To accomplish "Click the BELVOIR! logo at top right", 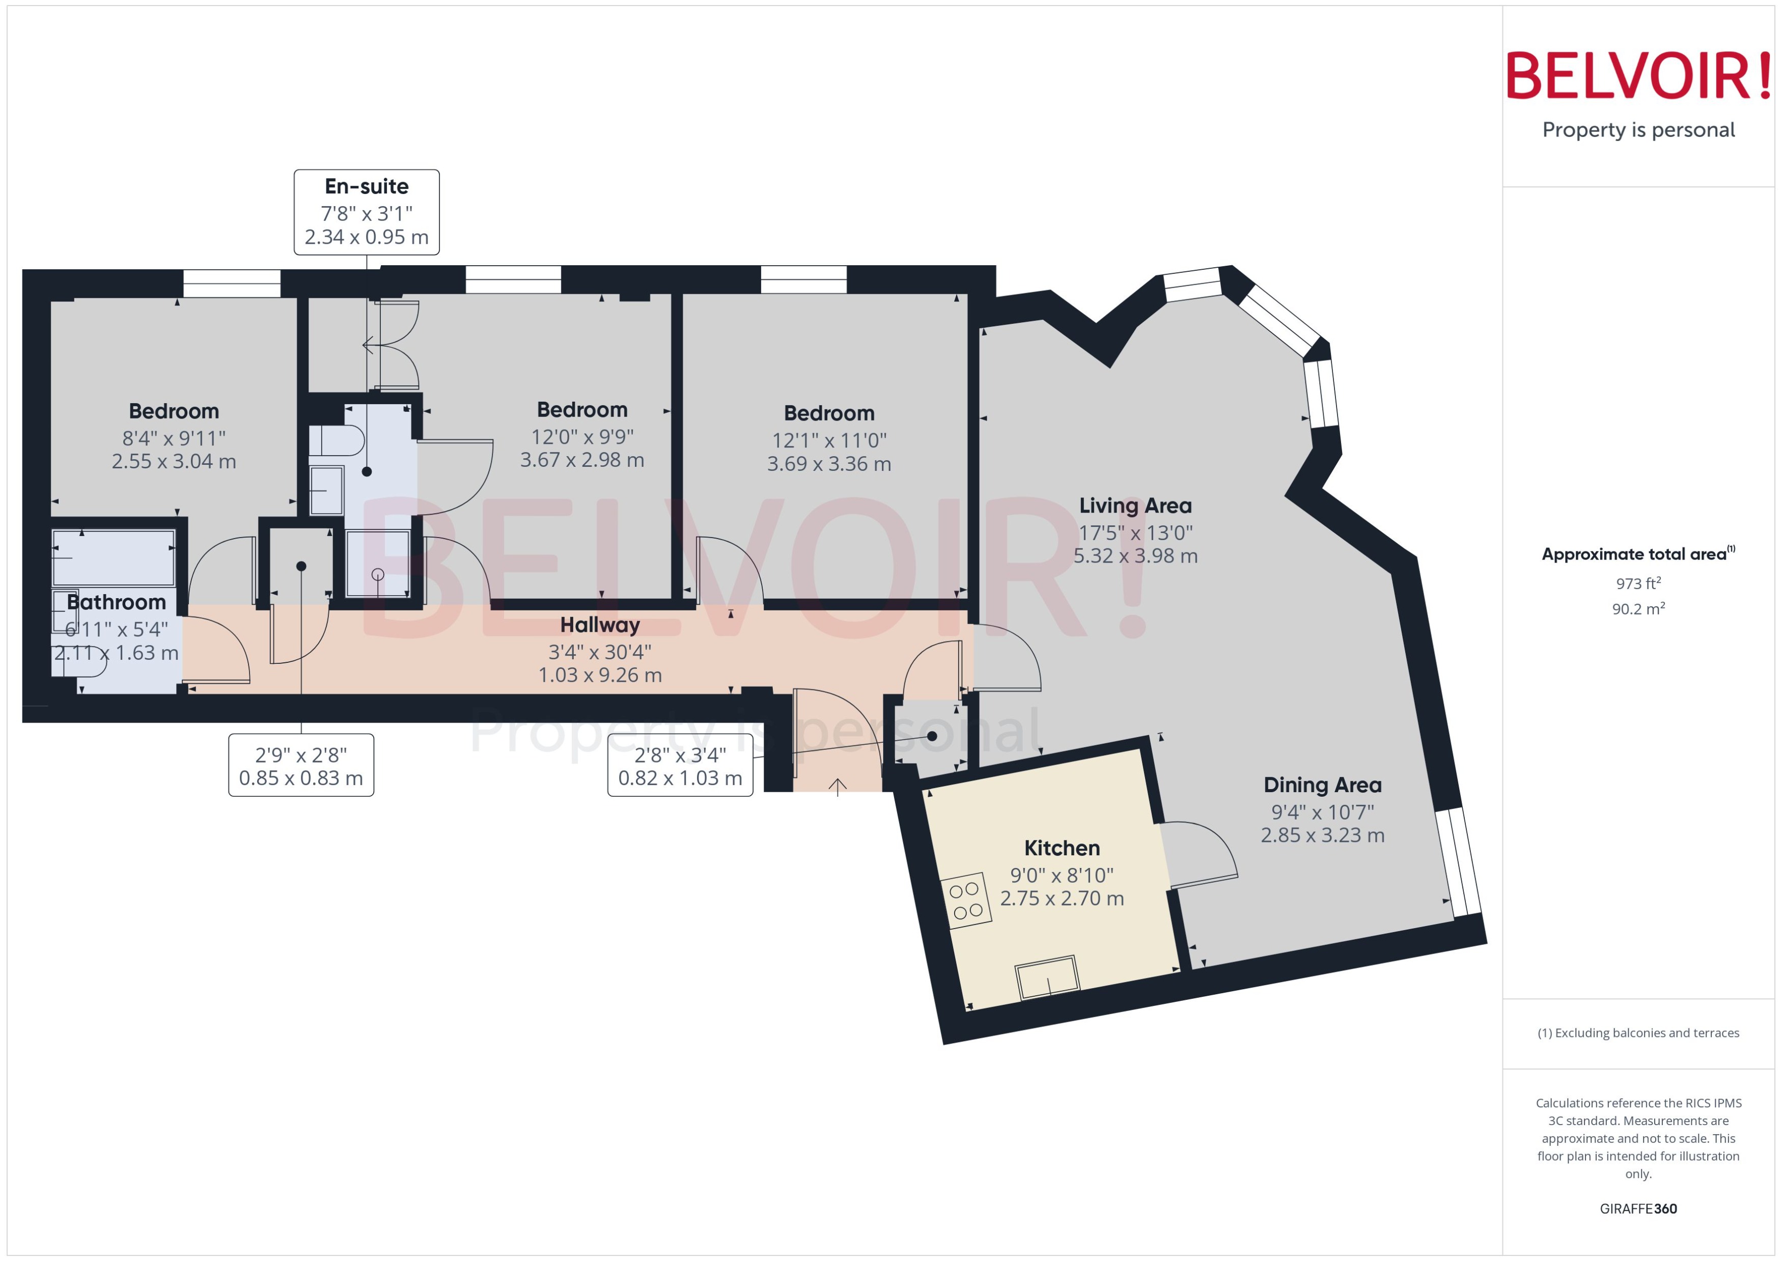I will pyautogui.click(x=1638, y=76).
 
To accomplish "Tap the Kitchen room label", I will pyautogui.click(x=1062, y=848).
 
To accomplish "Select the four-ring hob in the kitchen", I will pyautogui.click(x=965, y=901).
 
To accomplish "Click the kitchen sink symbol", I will pyautogui.click(x=1047, y=977).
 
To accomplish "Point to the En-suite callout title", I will pyautogui.click(x=367, y=186).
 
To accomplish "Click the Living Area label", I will pyautogui.click(x=1135, y=506).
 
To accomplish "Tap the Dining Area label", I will pyautogui.click(x=1322, y=785).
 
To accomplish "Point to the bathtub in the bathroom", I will pyautogui.click(x=114, y=557).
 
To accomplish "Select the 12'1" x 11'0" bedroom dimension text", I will pyautogui.click(x=828, y=440).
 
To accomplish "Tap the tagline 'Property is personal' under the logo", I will pyautogui.click(x=1638, y=130).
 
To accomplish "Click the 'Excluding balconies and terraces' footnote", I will pyautogui.click(x=1638, y=1033).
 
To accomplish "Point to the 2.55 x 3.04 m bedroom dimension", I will pyautogui.click(x=174, y=461).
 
